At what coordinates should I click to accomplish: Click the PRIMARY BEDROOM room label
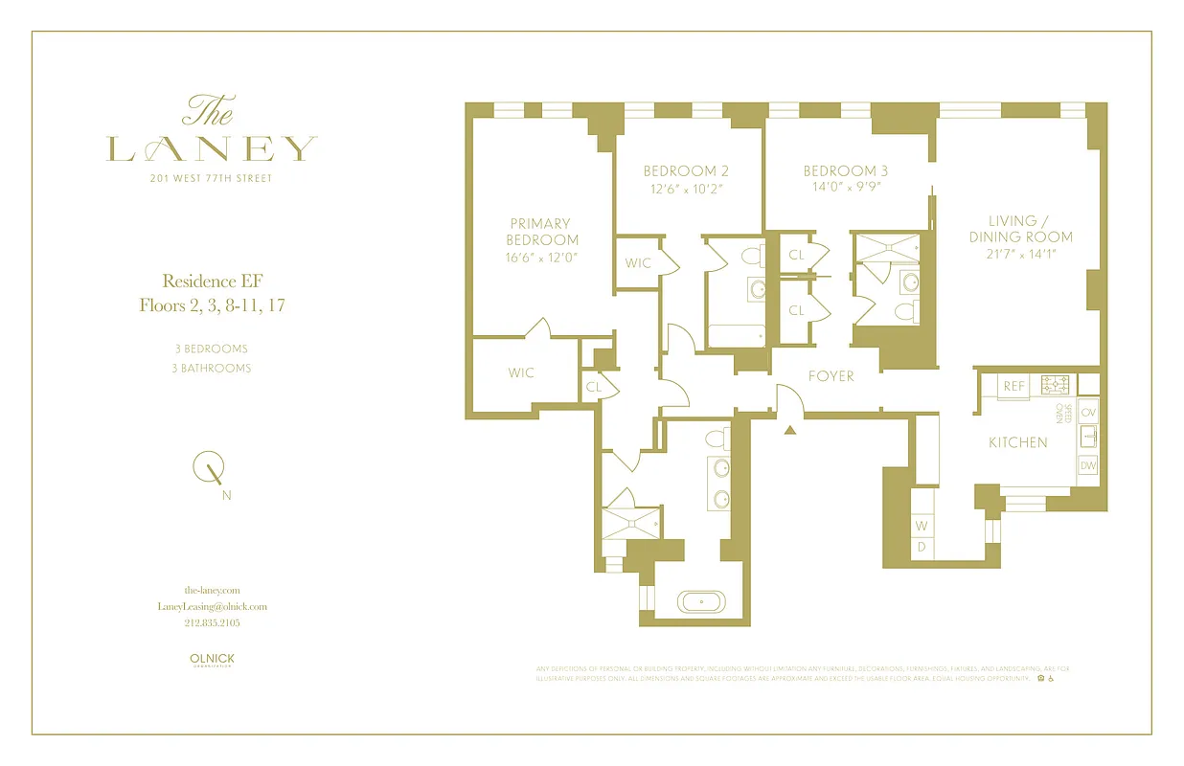(x=542, y=232)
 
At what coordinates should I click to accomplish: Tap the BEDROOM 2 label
(x=685, y=171)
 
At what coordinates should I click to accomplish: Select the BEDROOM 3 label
(x=845, y=171)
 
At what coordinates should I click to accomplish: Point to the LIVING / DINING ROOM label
(x=1020, y=229)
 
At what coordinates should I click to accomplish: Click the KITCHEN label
(x=1017, y=442)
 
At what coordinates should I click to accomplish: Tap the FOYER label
(x=831, y=376)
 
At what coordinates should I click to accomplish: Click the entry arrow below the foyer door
(x=790, y=431)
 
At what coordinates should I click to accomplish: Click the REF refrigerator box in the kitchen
(x=1013, y=386)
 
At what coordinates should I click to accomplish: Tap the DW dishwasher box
(x=1087, y=465)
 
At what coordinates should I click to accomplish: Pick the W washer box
(x=922, y=526)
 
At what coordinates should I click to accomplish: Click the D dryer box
(x=922, y=547)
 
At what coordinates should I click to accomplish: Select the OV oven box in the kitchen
(x=1087, y=412)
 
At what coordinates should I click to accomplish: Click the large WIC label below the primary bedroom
(x=521, y=372)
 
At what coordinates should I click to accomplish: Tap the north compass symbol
(x=211, y=471)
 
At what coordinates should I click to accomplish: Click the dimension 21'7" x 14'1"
(x=1020, y=254)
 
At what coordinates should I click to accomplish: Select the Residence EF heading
(x=212, y=281)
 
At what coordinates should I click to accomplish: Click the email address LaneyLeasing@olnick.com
(x=212, y=606)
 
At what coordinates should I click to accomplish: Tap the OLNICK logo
(x=212, y=660)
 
